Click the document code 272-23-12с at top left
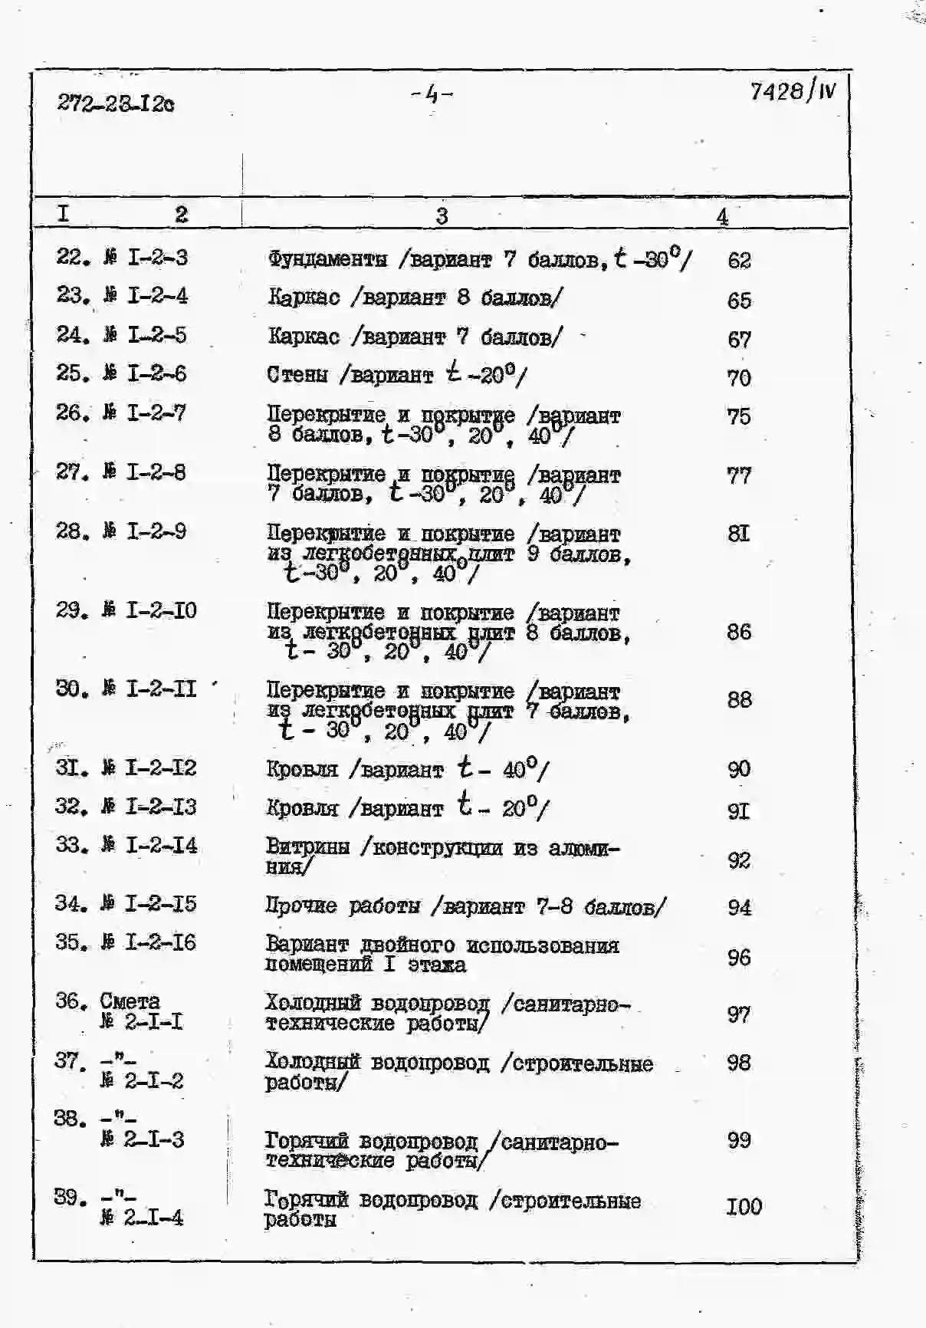point(115,103)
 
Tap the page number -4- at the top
point(432,94)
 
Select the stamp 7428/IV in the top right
point(793,92)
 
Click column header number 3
point(442,216)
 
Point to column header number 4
point(722,217)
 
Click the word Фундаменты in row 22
point(327,259)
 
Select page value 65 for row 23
point(739,300)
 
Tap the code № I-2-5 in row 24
point(145,335)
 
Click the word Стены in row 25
point(297,375)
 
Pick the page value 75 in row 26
point(739,416)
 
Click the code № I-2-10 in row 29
point(149,611)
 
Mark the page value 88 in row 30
point(739,700)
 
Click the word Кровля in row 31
point(302,769)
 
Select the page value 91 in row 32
point(738,810)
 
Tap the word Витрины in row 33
point(307,847)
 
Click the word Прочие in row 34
point(301,906)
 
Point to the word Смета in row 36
point(130,1001)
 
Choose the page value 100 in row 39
point(744,1207)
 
